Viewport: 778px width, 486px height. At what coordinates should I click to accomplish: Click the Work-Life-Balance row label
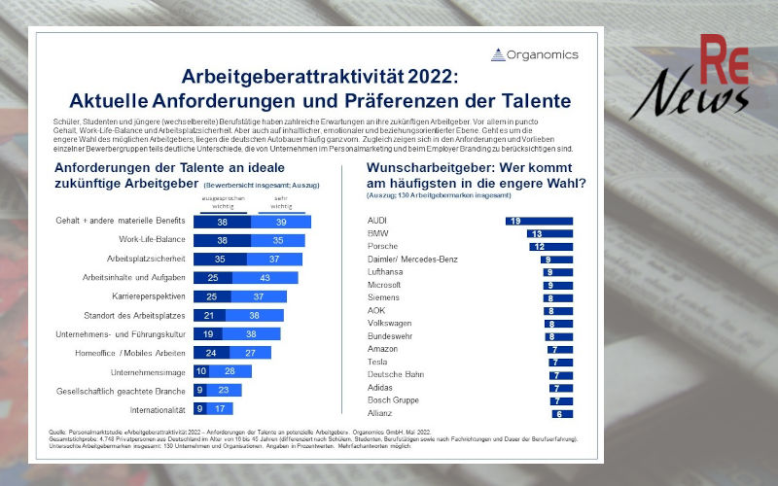click(x=153, y=240)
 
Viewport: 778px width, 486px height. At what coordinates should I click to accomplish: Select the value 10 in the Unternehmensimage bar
click(x=201, y=370)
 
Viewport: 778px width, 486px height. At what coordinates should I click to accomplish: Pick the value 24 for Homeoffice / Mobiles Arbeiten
click(x=211, y=352)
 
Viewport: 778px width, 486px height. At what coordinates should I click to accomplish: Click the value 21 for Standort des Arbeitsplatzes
click(x=207, y=315)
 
